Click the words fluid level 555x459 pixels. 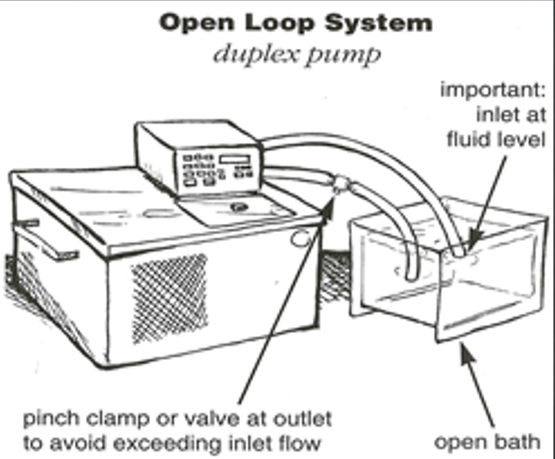click(496, 139)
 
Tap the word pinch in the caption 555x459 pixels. click(51, 419)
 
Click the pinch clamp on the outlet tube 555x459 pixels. click(341, 184)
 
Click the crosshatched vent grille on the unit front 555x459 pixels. click(169, 298)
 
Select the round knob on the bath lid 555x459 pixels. click(239, 207)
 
